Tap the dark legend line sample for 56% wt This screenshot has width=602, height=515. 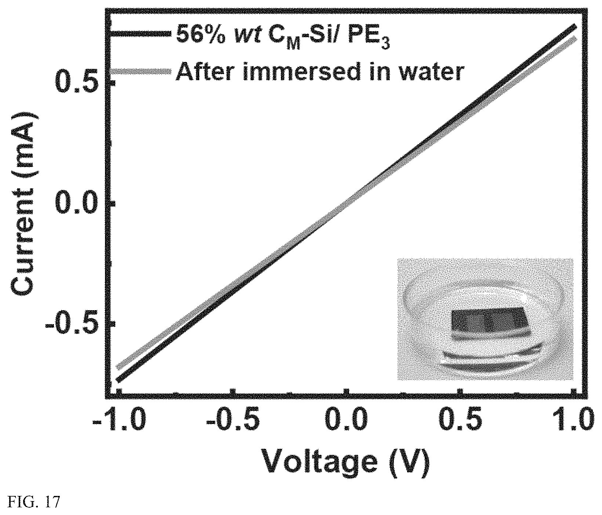(x=141, y=33)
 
